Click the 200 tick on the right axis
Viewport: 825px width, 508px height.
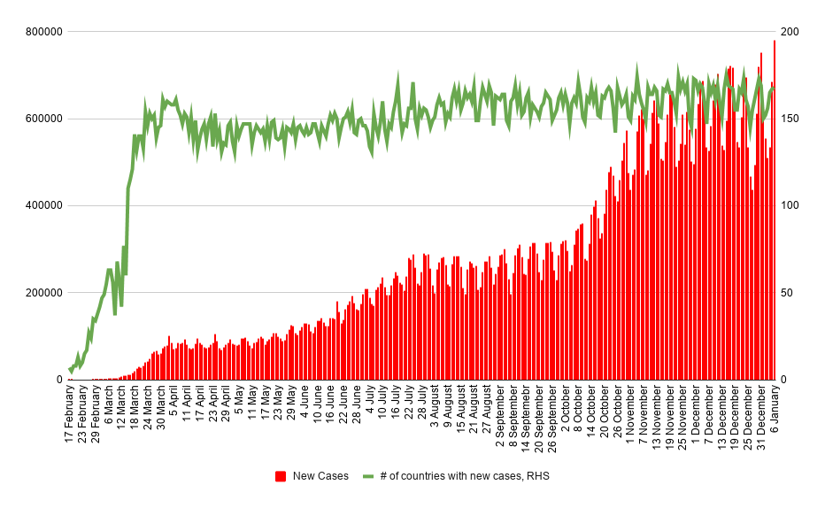[x=790, y=32]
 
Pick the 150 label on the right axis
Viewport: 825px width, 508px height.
[x=790, y=119]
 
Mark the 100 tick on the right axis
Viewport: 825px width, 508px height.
[x=790, y=205]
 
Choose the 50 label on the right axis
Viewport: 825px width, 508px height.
[x=786, y=292]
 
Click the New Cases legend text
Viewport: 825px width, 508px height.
[x=320, y=476]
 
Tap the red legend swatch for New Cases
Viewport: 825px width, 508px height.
[x=281, y=476]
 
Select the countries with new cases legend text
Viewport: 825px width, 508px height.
[x=465, y=476]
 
